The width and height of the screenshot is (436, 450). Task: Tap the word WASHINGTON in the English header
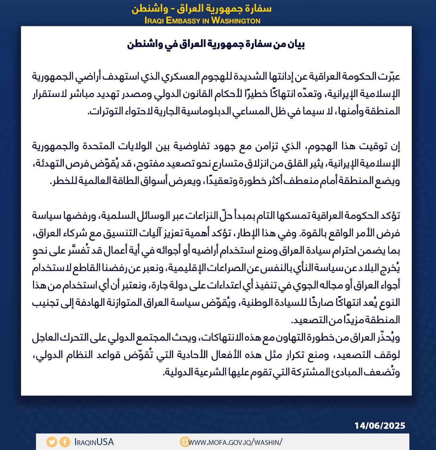click(236, 20)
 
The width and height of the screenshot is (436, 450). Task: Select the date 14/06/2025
click(380, 426)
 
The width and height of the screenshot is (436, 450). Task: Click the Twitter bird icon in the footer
click(52, 442)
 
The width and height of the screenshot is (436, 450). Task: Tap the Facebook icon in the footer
click(64, 442)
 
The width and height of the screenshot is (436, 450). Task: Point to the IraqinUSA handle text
click(94, 442)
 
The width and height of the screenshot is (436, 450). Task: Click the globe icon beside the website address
click(185, 442)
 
